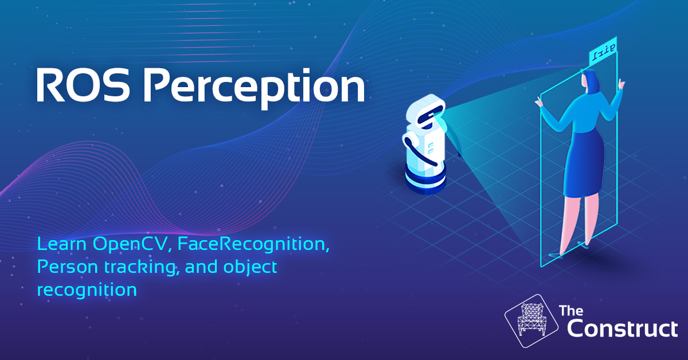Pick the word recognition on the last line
coord(87,290)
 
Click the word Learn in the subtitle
coord(62,244)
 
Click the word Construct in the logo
coord(622,328)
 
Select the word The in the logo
coord(571,311)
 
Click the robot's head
coord(425,111)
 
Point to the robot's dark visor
coord(429,114)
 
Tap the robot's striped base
coord(425,181)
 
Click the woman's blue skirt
coord(584,163)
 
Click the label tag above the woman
coord(603,52)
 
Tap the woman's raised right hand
coord(621,84)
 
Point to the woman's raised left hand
coord(538,102)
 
